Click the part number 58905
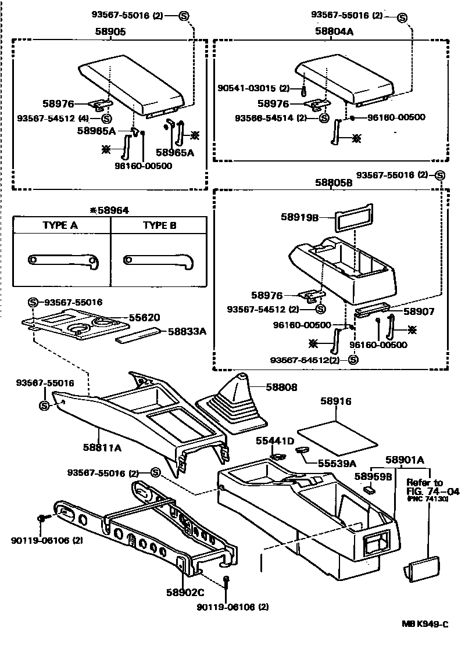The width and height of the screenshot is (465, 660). pyautogui.click(x=110, y=33)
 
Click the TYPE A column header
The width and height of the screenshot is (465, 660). pyautogui.click(x=60, y=225)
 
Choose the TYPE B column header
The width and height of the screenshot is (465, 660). pyautogui.click(x=159, y=225)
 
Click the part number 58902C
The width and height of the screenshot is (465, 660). pyautogui.click(x=184, y=593)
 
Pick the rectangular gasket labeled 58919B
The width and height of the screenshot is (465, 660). pyautogui.click(x=353, y=216)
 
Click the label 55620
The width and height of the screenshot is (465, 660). pyautogui.click(x=145, y=318)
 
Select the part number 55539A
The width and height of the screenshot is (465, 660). pyautogui.click(x=337, y=464)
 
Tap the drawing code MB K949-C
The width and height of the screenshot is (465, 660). pyautogui.click(x=425, y=624)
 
